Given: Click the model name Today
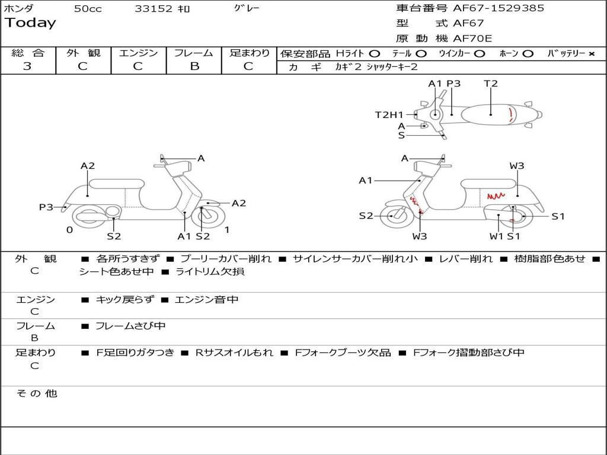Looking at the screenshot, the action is pyautogui.click(x=30, y=23).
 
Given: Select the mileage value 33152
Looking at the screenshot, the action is pyautogui.click(x=154, y=9).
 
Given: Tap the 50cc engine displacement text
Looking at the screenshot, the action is pyautogui.click(x=88, y=9).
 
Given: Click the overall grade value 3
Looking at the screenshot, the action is pyautogui.click(x=27, y=66).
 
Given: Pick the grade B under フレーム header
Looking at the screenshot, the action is pyautogui.click(x=194, y=66).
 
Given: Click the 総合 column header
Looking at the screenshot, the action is pyautogui.click(x=28, y=53).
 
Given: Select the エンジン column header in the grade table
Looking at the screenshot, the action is pyautogui.click(x=138, y=53).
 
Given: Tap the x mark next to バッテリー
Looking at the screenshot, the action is pyautogui.click(x=591, y=54).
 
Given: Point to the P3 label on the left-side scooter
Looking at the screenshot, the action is pyautogui.click(x=46, y=207).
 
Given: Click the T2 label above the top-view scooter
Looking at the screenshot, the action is pyautogui.click(x=491, y=84).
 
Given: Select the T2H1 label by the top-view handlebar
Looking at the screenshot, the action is pyautogui.click(x=389, y=115).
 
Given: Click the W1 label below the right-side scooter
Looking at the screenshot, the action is pyautogui.click(x=496, y=236).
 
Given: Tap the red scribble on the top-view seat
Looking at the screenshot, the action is pyautogui.click(x=511, y=114).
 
